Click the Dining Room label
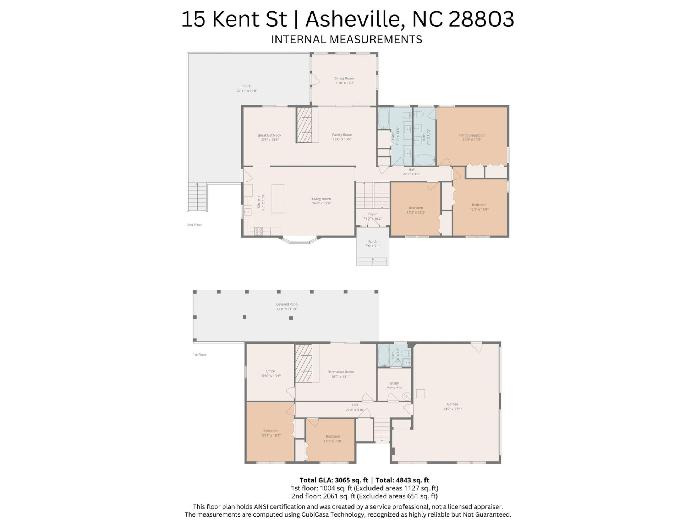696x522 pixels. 344,78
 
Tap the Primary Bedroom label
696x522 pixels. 472,135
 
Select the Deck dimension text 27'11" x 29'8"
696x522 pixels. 247,91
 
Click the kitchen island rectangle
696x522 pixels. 278,198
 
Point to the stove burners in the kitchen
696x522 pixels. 258,231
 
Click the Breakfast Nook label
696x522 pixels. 269,135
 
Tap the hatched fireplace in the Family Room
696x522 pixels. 304,125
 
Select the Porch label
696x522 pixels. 373,241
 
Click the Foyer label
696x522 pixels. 372,214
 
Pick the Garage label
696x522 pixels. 452,404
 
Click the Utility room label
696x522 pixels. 394,383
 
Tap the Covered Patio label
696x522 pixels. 287,304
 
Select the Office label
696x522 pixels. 270,371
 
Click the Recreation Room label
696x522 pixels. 340,372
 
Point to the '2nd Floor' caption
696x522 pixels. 194,225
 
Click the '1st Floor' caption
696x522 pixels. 199,355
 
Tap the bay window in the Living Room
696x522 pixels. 299,241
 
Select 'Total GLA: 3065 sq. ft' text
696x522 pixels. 333,480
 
